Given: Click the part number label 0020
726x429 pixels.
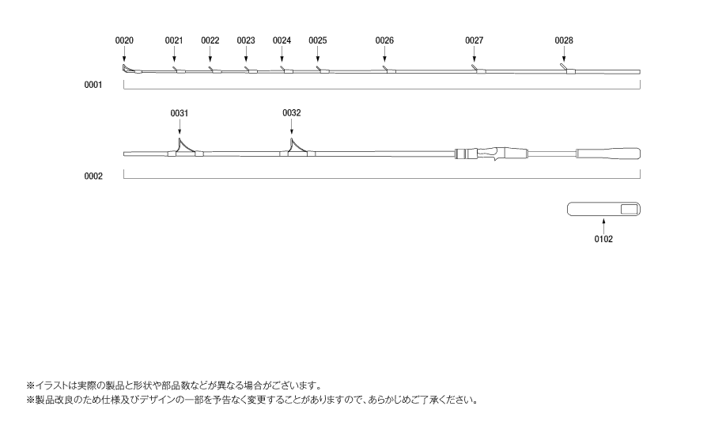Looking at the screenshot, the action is click(x=124, y=40).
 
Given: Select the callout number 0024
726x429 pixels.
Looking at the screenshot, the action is click(x=282, y=40).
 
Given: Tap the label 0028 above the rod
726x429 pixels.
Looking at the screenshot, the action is click(x=564, y=40).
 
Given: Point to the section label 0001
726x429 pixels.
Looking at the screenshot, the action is click(x=93, y=85).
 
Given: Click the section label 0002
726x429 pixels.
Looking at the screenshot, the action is click(x=93, y=176).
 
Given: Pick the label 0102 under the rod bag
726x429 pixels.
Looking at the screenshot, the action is click(x=603, y=239).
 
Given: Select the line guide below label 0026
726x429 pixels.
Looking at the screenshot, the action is click(x=389, y=70).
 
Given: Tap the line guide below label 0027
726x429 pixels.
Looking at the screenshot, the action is click(x=478, y=70).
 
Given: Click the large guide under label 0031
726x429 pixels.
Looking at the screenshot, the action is click(x=185, y=148).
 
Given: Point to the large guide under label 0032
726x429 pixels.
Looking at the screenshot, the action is click(x=297, y=148).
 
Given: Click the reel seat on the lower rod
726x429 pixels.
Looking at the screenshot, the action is click(x=491, y=154).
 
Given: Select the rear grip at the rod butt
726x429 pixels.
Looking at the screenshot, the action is click(x=608, y=154).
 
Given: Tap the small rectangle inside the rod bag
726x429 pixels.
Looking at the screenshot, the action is click(x=629, y=210).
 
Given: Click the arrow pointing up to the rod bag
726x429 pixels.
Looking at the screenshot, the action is click(x=603, y=226).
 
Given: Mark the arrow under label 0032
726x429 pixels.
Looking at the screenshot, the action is click(x=291, y=127).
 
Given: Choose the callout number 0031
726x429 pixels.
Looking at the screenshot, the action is click(x=180, y=113).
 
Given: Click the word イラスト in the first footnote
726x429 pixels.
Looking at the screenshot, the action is click(x=52, y=385).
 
